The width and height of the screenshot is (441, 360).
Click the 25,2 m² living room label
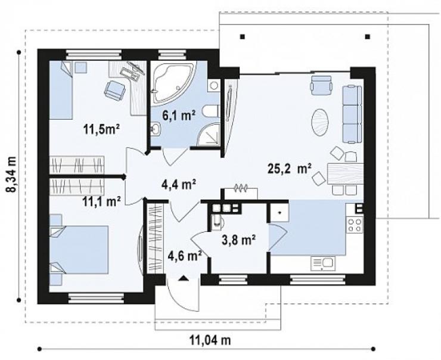(x=290, y=169)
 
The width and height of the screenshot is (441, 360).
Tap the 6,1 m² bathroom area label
(x=179, y=115)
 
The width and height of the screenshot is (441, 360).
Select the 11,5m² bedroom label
(x=102, y=129)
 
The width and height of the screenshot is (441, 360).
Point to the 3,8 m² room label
(x=238, y=240)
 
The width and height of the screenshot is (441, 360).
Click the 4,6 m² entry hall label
(x=185, y=256)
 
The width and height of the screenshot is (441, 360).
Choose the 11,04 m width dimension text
(x=210, y=340)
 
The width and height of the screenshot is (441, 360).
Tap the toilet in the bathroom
(x=211, y=111)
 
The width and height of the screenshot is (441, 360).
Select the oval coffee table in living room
(x=320, y=122)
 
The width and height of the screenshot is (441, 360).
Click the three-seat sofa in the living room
(x=352, y=114)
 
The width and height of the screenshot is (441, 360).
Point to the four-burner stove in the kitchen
(x=355, y=225)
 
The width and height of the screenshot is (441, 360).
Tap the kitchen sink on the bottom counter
(x=323, y=263)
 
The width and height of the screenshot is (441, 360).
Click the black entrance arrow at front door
(x=184, y=278)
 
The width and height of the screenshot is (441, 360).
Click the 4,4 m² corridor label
(x=179, y=185)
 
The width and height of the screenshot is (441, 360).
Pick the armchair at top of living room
(x=321, y=84)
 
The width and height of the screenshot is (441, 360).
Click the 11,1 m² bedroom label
(x=102, y=201)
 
